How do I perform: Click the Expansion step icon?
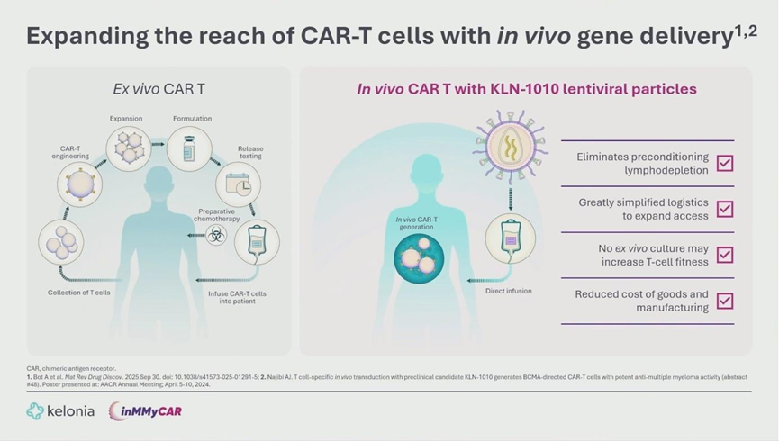pyautogui.click(x=127, y=147)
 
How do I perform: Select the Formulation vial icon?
pyautogui.click(x=189, y=147)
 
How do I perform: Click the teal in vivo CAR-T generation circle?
pyautogui.click(x=419, y=256)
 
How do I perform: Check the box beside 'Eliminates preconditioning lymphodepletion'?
pyautogui.click(x=724, y=163)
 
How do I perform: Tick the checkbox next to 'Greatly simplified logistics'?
pyautogui.click(x=724, y=209)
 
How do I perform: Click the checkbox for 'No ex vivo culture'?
pyautogui.click(x=724, y=255)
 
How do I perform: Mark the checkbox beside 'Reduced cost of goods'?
pyautogui.click(x=724, y=301)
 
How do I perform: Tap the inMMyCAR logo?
pyautogui.click(x=145, y=411)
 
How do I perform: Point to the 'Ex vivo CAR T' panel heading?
pyautogui.click(x=159, y=89)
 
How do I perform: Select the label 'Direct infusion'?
pyautogui.click(x=508, y=292)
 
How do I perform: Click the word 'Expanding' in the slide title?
pyautogui.click(x=81, y=37)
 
